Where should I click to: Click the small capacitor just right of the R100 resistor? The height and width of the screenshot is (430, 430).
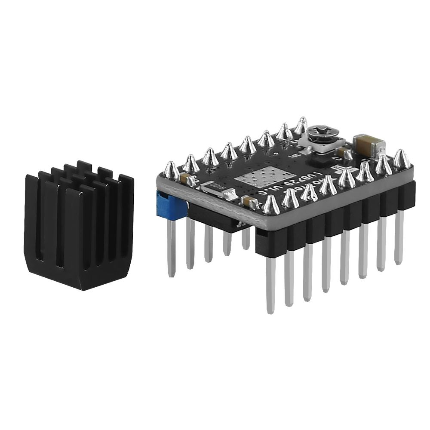coord(247,201)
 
